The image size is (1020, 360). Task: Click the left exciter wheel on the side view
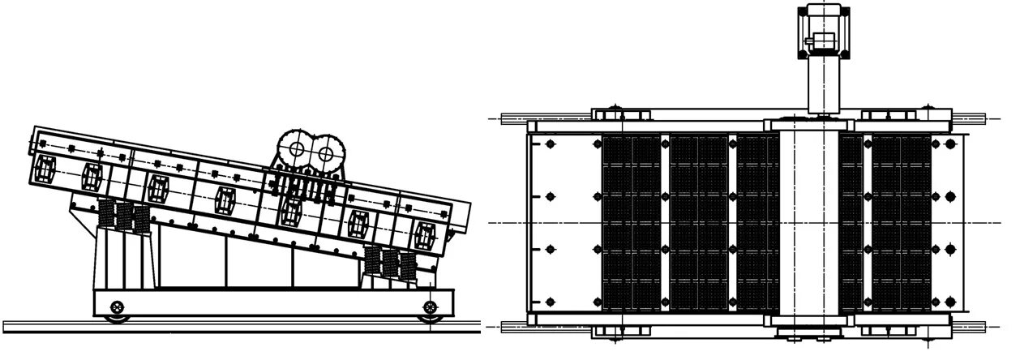pos(296,150)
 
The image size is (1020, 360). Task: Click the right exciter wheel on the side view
pos(326,152)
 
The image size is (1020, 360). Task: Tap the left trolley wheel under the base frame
pos(118,306)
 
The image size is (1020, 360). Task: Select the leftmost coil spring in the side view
pos(105,214)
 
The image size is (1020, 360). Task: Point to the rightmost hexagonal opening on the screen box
pos(424,234)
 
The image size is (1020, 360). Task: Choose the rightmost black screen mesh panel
pos(900,222)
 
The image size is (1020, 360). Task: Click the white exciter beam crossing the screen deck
pos(808,222)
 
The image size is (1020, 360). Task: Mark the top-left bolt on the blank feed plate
pos(551,144)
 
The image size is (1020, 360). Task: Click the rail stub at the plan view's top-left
pos(513,118)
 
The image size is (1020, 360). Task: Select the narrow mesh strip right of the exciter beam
pos(851,222)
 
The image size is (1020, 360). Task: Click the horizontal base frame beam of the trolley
pos(268,303)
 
